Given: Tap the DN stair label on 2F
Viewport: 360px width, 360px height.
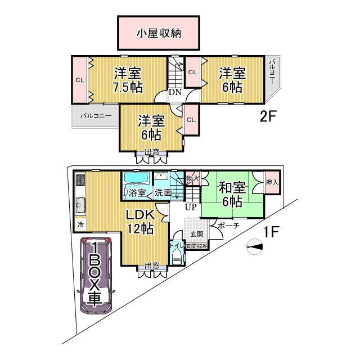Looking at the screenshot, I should tap(174, 93).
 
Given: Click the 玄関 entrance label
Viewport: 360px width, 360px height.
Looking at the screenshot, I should tap(196, 233).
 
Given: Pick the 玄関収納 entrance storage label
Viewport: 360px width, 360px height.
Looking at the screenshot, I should tap(197, 246).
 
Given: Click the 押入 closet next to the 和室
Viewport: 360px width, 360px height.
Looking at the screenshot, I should tap(272, 183).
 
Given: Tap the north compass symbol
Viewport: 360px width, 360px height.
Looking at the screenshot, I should tap(254, 246).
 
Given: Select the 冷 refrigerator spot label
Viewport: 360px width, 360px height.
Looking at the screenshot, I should tap(80, 224).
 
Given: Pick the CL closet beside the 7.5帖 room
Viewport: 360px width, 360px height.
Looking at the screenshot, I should tap(80, 80).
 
